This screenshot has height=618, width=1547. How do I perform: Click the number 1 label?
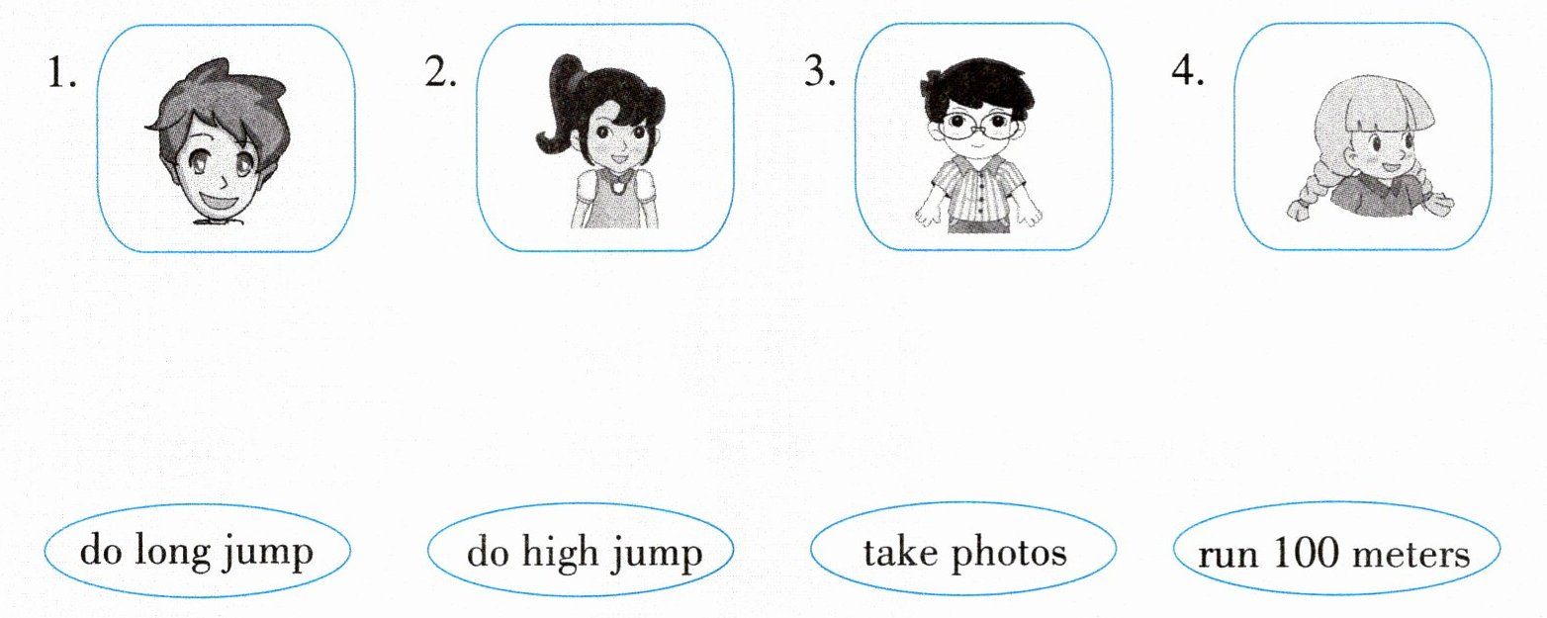point(60,72)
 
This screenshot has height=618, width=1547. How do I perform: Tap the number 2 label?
point(440,71)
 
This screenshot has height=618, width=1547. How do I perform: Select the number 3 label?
point(820,70)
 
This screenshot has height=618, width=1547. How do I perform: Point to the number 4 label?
point(1188,70)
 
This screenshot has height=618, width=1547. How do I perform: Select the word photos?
point(1009,554)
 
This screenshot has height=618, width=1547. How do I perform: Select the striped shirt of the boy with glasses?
point(978,189)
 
